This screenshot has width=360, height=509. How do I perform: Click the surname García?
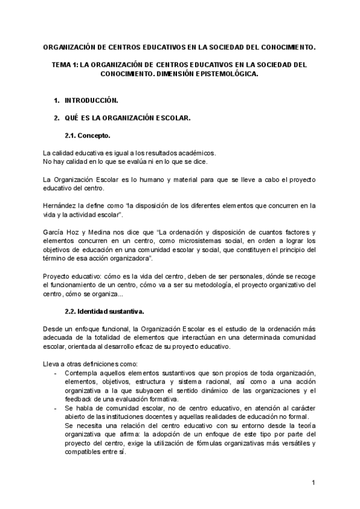point(53,232)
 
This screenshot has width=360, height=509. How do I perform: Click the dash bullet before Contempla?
point(56,373)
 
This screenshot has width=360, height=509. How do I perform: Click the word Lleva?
point(53,364)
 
